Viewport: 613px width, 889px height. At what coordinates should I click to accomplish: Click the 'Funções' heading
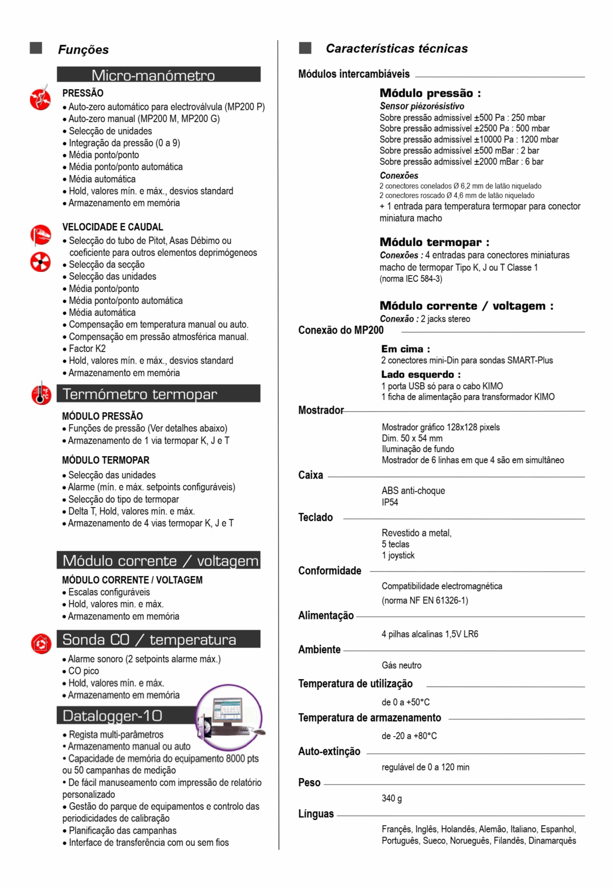(x=83, y=50)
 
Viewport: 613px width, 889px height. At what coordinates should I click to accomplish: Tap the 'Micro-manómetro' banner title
(x=153, y=75)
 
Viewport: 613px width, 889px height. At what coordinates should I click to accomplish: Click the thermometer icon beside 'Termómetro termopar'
(x=41, y=393)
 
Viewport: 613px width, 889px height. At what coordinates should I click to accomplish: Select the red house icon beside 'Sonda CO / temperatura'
(x=41, y=643)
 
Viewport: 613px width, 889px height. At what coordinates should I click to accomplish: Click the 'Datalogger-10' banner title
(x=112, y=716)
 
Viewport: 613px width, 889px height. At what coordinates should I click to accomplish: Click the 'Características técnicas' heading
(x=396, y=48)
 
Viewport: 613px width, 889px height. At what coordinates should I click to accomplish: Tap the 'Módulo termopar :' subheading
(x=434, y=242)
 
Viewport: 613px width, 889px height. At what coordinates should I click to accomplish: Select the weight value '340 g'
(x=391, y=798)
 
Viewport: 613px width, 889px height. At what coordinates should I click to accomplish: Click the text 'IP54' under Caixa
(x=389, y=502)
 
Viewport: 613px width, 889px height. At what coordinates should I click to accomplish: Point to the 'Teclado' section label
(x=315, y=517)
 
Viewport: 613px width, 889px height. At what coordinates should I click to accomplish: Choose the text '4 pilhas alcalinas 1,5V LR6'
(x=429, y=634)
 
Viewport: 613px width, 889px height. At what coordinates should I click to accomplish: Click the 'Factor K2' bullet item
(x=87, y=349)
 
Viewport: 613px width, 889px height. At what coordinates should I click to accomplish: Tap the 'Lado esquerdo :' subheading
(x=421, y=374)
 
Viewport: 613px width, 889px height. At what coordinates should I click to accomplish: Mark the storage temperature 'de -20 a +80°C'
(x=409, y=736)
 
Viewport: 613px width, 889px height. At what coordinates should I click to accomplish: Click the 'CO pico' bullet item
(x=83, y=671)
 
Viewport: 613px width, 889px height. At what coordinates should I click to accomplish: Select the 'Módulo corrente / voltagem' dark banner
(x=158, y=560)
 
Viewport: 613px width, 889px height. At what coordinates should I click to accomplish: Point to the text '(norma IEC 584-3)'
(x=411, y=279)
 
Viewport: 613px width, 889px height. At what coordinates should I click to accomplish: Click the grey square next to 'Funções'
(x=36, y=48)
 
